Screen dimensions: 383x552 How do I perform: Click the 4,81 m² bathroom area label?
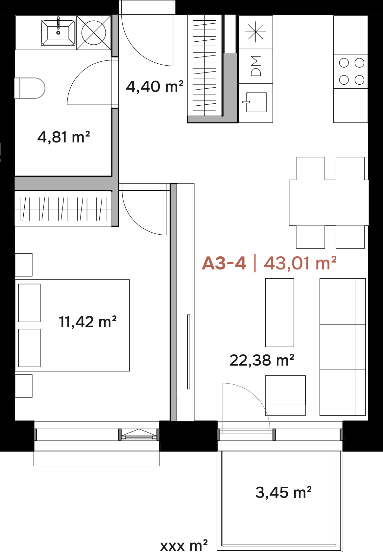pos(63,137)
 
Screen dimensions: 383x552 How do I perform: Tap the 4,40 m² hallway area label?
pos(155,86)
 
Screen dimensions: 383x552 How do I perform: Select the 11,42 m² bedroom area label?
pos(87,322)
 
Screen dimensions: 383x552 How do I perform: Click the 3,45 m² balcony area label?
pos(283,492)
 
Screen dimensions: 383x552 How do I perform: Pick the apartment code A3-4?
pos(224,263)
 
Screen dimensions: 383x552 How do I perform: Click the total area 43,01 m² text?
pos(300,263)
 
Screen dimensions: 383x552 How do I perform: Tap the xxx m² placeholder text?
pos(184,545)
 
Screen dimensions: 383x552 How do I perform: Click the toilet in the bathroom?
pos(30,88)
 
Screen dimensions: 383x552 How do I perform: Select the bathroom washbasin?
pos(58,33)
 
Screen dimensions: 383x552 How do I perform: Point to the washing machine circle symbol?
pos(94,33)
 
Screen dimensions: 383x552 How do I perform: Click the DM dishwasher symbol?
pos(255,66)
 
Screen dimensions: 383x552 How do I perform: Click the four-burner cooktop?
pos(351,72)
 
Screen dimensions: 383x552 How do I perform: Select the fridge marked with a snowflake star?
pos(255,32)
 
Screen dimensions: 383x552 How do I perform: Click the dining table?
pos(329,202)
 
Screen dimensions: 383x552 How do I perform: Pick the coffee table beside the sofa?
pos(279,312)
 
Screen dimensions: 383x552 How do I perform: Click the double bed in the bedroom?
pos(72,325)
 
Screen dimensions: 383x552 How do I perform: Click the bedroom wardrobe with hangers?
pos(63,209)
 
